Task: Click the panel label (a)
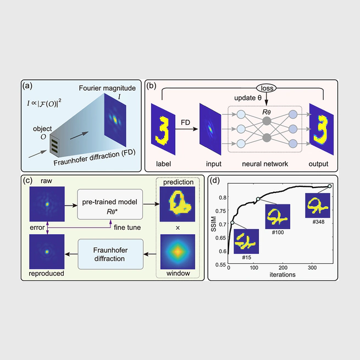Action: click(30, 86)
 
